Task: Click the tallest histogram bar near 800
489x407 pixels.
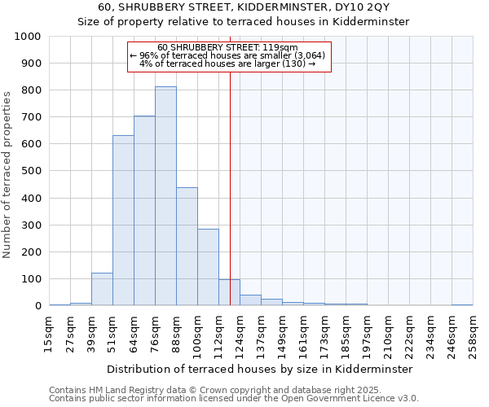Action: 165,196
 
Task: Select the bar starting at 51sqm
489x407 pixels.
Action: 123,221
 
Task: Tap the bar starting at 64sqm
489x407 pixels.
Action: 144,211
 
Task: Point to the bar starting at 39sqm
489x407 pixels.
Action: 102,289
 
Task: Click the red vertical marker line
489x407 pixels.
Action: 230,187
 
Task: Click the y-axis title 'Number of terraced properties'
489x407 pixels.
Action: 7,174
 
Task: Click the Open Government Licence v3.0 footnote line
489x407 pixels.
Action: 234,399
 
